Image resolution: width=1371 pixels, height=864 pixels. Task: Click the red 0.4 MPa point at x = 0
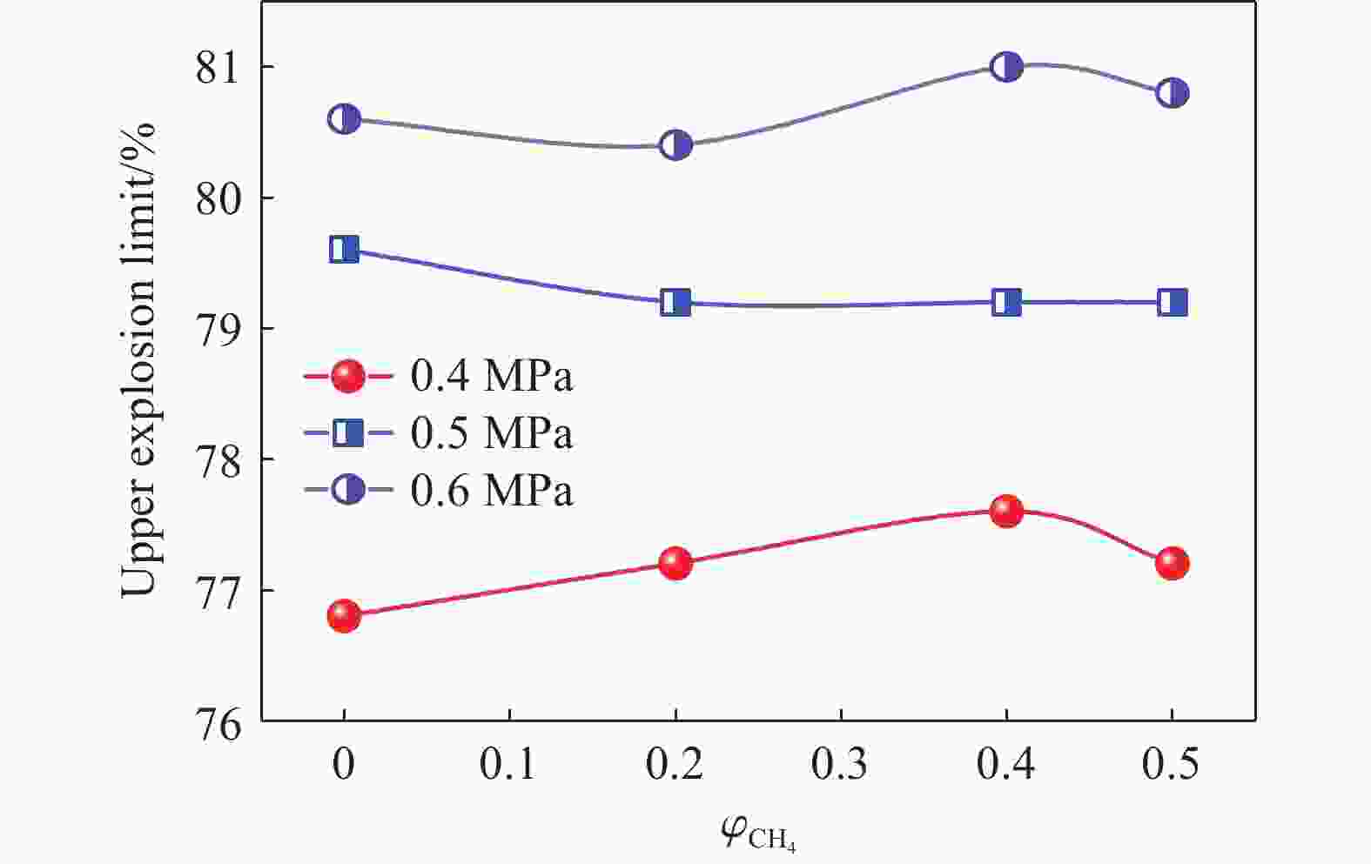click(x=344, y=616)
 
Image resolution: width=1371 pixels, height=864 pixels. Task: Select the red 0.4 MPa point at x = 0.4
click(x=1006, y=511)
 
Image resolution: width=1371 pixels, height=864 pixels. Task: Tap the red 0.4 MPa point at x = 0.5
click(x=1172, y=563)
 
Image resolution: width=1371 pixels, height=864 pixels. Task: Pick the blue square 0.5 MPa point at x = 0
click(x=344, y=250)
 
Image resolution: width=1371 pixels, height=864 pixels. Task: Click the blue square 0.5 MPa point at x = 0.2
click(x=675, y=303)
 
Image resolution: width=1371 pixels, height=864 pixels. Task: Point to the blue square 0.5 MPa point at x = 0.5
click(x=1172, y=303)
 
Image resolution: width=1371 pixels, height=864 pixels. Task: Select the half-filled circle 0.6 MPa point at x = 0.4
click(x=1006, y=66)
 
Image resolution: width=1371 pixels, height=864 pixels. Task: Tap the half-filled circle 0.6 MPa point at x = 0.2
click(x=675, y=144)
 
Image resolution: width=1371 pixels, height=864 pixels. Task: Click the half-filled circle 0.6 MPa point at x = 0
click(x=344, y=118)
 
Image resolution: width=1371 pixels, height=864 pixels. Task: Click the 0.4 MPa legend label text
click(x=492, y=377)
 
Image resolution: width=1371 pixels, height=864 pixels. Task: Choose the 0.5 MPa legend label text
click(x=492, y=432)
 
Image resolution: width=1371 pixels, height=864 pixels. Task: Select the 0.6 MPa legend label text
click(x=492, y=490)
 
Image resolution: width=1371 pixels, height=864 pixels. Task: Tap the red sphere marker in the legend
click(x=347, y=377)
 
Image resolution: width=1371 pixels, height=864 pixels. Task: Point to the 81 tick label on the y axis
click(x=221, y=68)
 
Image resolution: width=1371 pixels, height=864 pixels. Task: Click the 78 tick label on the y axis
click(x=221, y=459)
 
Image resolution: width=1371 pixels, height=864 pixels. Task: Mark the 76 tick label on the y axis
click(x=221, y=722)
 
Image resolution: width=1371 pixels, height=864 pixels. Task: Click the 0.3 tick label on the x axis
click(x=840, y=765)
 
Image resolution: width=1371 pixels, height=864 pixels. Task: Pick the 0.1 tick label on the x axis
click(x=508, y=765)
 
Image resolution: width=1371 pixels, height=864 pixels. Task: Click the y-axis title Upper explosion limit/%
click(x=138, y=358)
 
